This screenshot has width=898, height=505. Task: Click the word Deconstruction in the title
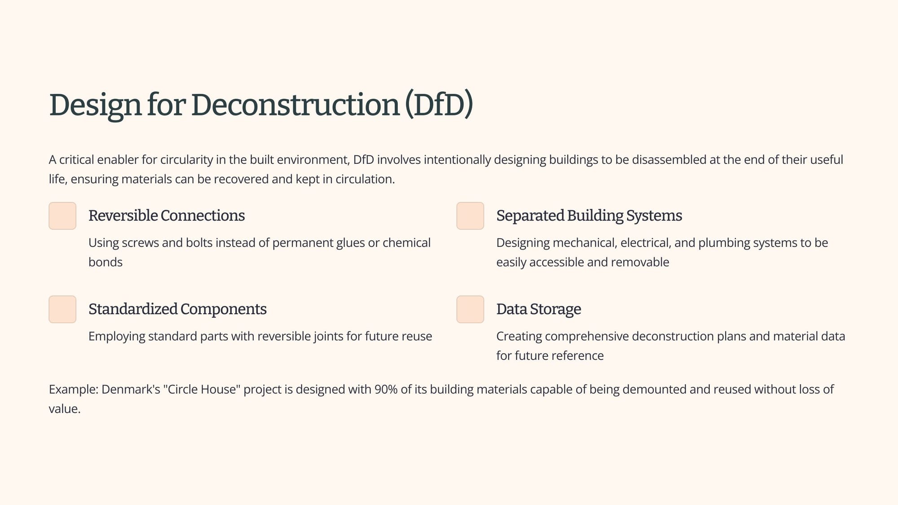click(295, 105)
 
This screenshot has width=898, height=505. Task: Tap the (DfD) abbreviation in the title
click(439, 105)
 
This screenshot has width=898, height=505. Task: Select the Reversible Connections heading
click(167, 216)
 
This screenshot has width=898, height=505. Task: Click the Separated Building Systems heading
click(589, 216)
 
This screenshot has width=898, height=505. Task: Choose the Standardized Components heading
click(177, 309)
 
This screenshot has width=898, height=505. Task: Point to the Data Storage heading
click(538, 309)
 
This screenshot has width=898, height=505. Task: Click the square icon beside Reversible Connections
click(62, 216)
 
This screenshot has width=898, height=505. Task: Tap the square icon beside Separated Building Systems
click(470, 216)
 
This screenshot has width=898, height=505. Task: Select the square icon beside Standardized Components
click(62, 309)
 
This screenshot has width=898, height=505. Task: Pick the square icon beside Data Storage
click(470, 309)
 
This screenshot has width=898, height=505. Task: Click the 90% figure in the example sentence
click(386, 389)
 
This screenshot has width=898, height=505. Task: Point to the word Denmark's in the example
click(131, 389)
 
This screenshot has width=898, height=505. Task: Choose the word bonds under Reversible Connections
click(106, 262)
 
